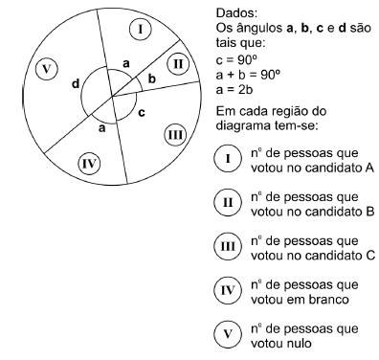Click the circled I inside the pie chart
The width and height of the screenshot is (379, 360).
click(x=141, y=29)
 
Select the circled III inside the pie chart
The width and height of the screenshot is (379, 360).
click(x=175, y=134)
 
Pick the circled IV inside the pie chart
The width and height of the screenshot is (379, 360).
click(x=89, y=161)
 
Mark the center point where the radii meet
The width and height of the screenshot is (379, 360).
click(x=111, y=96)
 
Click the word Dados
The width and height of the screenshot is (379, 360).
click(x=226, y=14)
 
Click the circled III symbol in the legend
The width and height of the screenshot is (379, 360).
click(x=227, y=248)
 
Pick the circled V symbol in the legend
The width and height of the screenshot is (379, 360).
click(x=227, y=336)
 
